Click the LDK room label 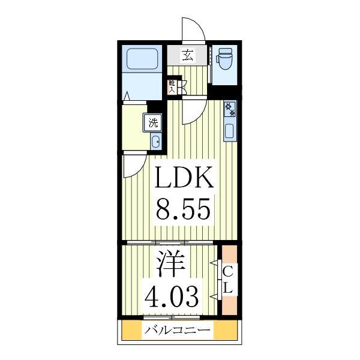pyautogui.click(x=184, y=178)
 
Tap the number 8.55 pyautogui.click(x=184, y=210)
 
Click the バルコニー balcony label pyautogui.click(x=177, y=331)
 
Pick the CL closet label pyautogui.click(x=228, y=280)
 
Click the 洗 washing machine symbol pyautogui.click(x=154, y=123)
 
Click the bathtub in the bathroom pyautogui.click(x=142, y=60)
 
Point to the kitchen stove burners pyautogui.click(x=230, y=110)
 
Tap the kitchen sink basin pyautogui.click(x=230, y=130)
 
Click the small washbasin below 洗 pyautogui.click(x=155, y=142)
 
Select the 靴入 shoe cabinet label pyautogui.click(x=172, y=86)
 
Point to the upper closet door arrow pyautogui.click(x=214, y=263)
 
